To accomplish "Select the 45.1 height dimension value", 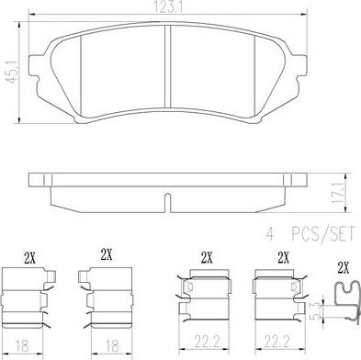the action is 13,73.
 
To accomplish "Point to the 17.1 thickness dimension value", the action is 337,193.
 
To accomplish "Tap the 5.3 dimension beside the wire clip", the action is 319,310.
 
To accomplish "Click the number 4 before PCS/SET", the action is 269,234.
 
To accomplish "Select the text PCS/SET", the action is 322,234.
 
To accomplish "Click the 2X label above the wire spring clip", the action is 344,268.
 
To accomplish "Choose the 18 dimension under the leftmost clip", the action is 22,346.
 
